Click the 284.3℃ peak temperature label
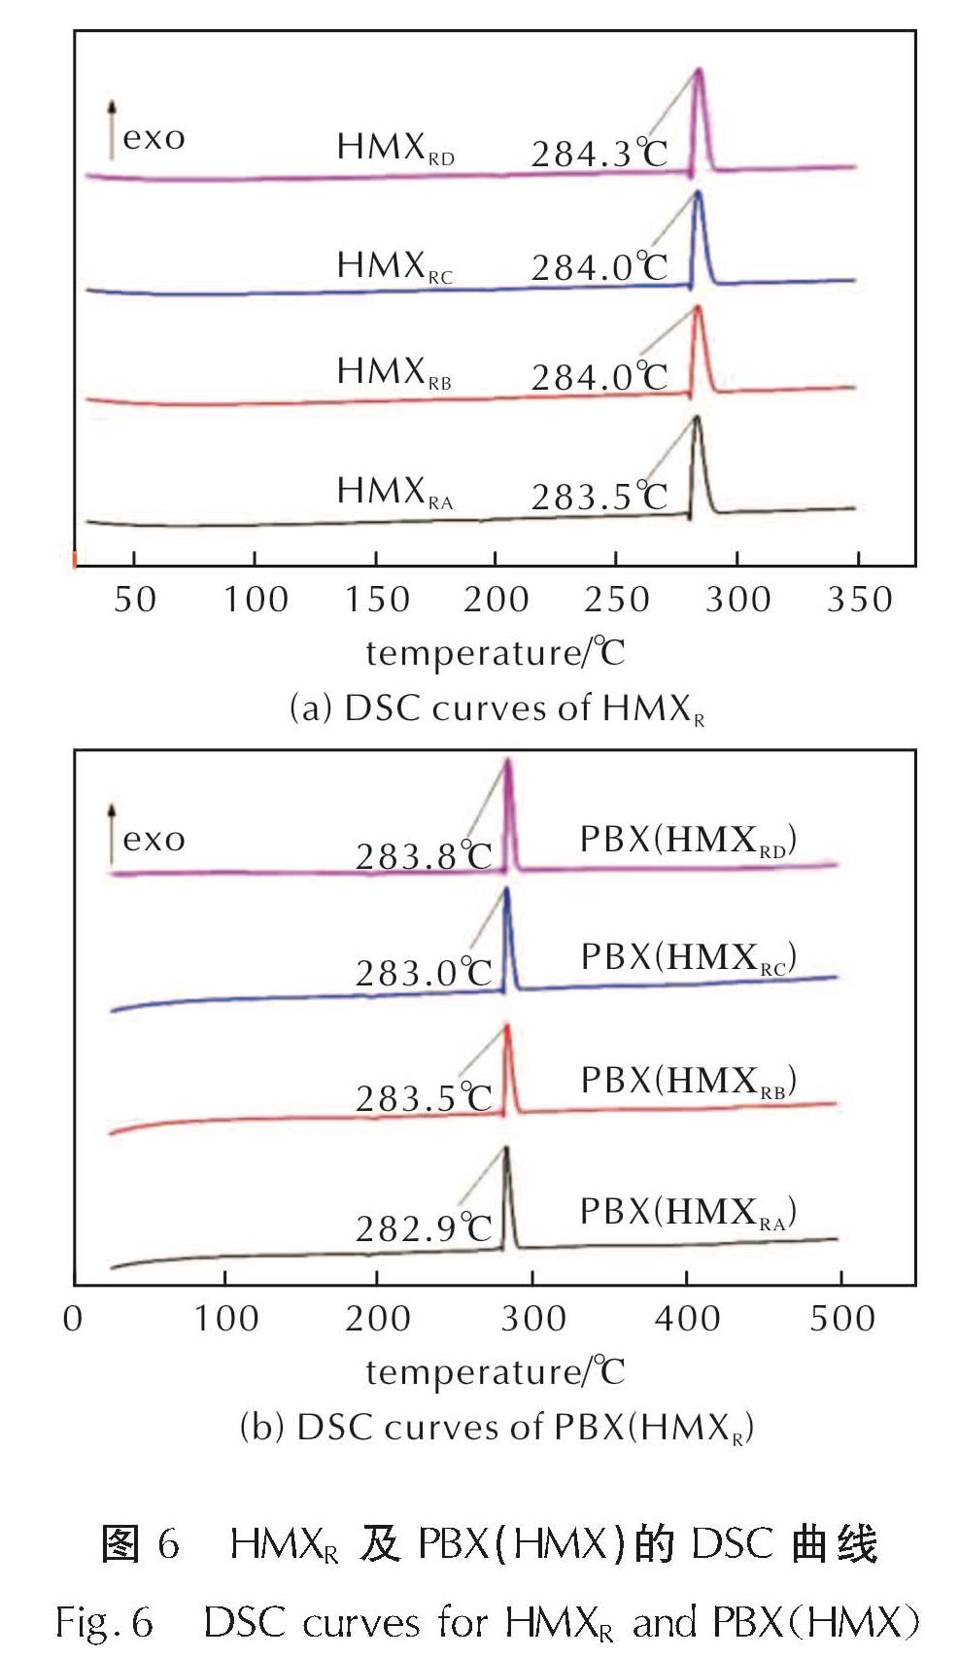tap(599, 154)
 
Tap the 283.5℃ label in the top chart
tap(599, 497)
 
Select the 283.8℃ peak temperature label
tap(424, 856)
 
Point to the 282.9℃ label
tap(424, 1228)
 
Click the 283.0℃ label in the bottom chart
tap(424, 973)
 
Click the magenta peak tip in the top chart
tap(699, 70)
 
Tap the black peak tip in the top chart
tap(697, 418)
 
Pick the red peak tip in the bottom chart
tap(506, 1026)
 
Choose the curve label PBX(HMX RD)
tap(688, 841)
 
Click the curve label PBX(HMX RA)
tap(688, 1213)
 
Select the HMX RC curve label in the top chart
tap(394, 266)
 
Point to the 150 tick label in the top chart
tap(376, 600)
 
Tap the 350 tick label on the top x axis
tap(859, 600)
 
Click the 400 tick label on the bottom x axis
tap(687, 1319)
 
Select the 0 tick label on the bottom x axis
tap(73, 1319)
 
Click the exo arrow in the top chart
tap(112, 129)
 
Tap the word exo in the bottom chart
tap(154, 839)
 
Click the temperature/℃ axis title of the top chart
tap(495, 653)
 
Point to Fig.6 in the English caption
tap(104, 1622)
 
